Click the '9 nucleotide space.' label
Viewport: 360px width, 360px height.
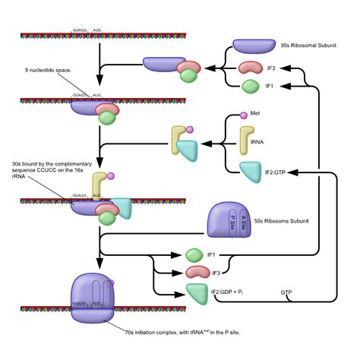(x=49, y=71)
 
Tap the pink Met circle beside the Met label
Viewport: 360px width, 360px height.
(x=244, y=115)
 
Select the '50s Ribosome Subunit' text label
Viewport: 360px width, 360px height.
(x=296, y=221)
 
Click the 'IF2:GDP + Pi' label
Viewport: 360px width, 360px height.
(x=232, y=292)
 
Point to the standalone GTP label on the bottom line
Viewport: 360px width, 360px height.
(x=286, y=292)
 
